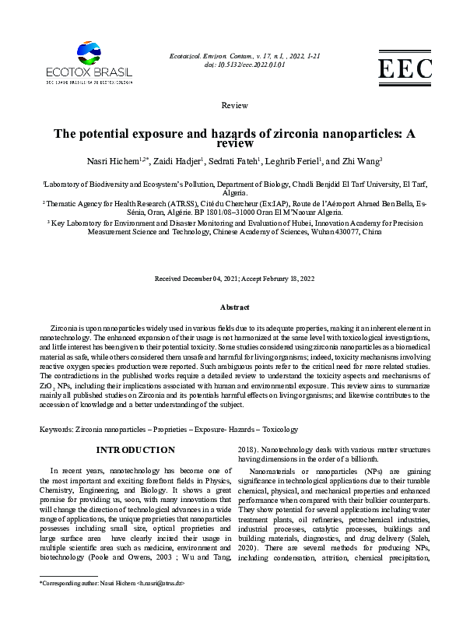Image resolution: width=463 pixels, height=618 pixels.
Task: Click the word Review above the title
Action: coord(234,105)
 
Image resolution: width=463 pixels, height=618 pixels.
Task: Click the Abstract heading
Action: coord(234,307)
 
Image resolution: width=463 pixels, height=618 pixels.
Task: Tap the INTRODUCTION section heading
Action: coord(135,450)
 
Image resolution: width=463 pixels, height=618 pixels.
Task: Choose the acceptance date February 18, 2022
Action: coord(286,278)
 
